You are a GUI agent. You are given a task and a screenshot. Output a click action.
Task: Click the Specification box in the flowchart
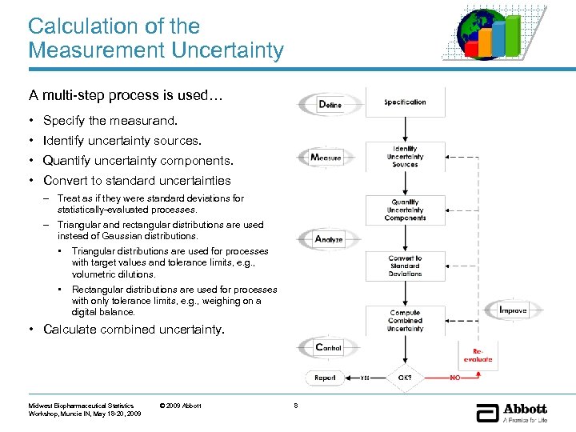[405, 102]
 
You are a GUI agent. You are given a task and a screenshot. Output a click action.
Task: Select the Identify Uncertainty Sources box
[405, 156]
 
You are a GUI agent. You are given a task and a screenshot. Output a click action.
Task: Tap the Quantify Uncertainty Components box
[405, 210]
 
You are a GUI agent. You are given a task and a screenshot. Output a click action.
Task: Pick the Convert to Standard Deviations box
[405, 266]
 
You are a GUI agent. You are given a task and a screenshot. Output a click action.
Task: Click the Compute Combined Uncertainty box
[405, 320]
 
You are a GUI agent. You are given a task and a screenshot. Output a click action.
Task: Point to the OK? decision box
[405, 378]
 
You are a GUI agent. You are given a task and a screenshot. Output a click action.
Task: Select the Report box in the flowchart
[326, 378]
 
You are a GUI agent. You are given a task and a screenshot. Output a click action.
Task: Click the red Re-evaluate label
[478, 355]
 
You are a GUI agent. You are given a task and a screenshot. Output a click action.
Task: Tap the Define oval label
[329, 105]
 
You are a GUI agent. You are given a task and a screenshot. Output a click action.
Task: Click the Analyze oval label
[328, 238]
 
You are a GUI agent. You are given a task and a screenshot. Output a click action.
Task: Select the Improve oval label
[512, 310]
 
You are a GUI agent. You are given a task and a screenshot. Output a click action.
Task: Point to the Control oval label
[328, 347]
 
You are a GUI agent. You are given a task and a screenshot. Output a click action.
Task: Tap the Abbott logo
[512, 413]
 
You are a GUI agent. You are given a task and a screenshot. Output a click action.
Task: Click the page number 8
[295, 406]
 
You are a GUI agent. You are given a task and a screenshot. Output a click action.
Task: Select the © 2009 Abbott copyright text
[181, 406]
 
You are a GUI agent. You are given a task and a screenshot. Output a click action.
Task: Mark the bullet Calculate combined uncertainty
[134, 330]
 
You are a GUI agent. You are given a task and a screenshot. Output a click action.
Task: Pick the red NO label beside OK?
[455, 378]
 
